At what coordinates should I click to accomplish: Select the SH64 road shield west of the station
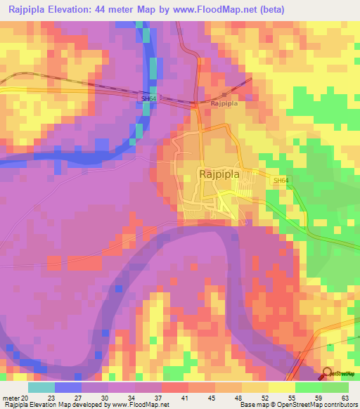[149, 99]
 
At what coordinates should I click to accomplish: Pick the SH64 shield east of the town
[281, 181]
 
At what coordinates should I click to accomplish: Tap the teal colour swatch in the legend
[41, 387]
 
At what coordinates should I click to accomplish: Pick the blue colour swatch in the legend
[68, 387]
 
